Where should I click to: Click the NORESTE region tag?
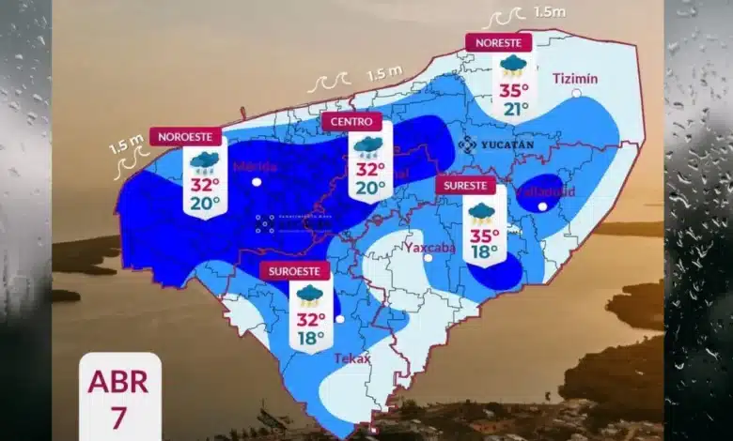[498, 42]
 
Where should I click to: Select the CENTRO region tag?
[352, 122]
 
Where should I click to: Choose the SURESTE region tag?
[464, 185]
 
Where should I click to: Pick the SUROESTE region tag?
[295, 270]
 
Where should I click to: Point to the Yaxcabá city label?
[429, 247]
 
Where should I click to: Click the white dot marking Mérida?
[257, 184]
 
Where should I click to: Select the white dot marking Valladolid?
[542, 206]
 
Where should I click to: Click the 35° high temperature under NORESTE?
[512, 91]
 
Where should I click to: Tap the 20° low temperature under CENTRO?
[368, 187]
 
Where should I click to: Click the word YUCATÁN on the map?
[507, 144]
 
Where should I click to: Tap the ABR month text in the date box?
[118, 383]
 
